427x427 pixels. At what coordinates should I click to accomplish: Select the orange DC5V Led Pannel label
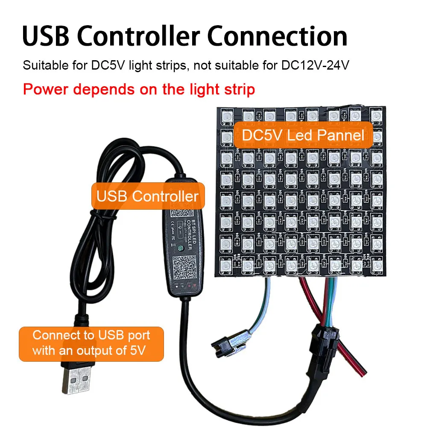(303, 136)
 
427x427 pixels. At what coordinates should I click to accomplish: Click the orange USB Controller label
(147, 196)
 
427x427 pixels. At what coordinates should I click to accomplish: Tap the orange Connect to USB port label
(91, 343)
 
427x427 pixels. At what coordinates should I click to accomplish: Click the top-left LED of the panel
(226, 115)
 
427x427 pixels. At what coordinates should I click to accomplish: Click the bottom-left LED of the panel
(226, 265)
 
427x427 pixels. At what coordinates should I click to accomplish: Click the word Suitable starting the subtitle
(40, 67)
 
